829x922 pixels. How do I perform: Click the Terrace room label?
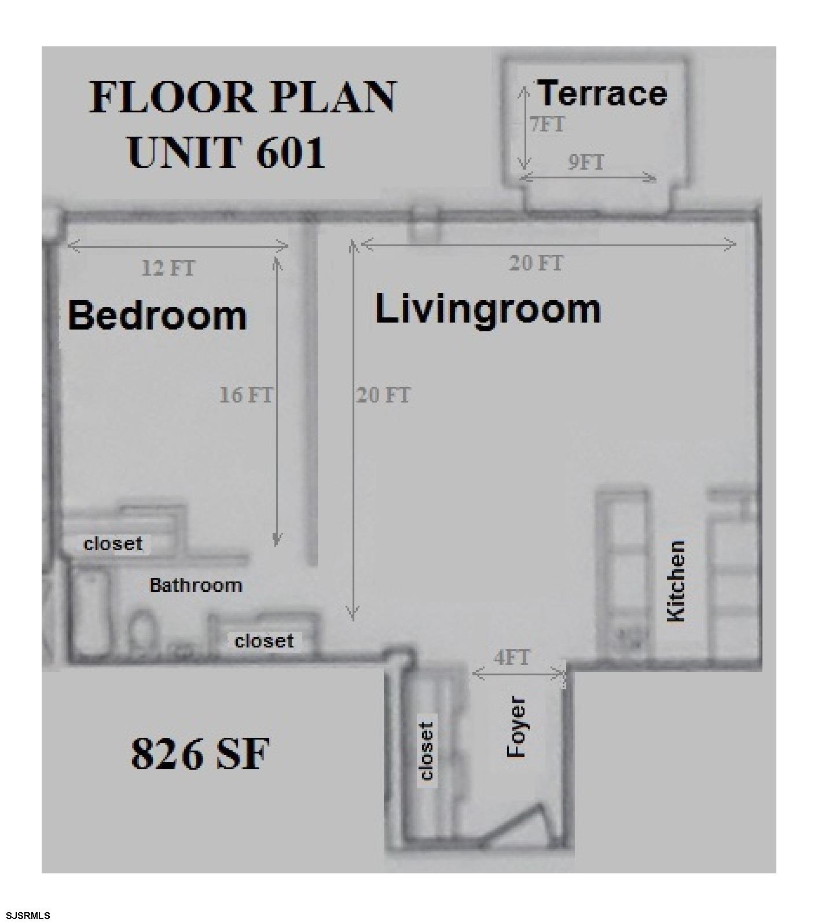click(x=603, y=94)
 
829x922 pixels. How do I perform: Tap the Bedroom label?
click(x=157, y=316)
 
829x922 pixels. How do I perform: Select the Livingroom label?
click(x=488, y=310)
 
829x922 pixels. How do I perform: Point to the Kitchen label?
click(x=676, y=581)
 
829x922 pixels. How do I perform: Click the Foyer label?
click(x=516, y=727)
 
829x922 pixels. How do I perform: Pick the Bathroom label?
click(x=196, y=585)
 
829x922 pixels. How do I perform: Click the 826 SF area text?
click(x=200, y=753)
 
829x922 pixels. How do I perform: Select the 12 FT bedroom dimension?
click(x=168, y=268)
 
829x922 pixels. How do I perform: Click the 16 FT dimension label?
click(x=245, y=395)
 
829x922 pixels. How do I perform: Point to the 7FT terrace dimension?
click(x=547, y=125)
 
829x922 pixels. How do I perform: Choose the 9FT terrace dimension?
click(x=586, y=162)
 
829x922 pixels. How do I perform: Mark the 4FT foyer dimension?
click(x=512, y=657)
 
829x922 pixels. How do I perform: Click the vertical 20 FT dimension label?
click(x=383, y=396)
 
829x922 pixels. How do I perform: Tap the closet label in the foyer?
click(x=427, y=751)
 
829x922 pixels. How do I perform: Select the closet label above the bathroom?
click(x=113, y=543)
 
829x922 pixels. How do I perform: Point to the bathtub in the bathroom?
click(x=91, y=613)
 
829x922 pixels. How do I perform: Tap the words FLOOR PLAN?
click(x=243, y=97)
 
